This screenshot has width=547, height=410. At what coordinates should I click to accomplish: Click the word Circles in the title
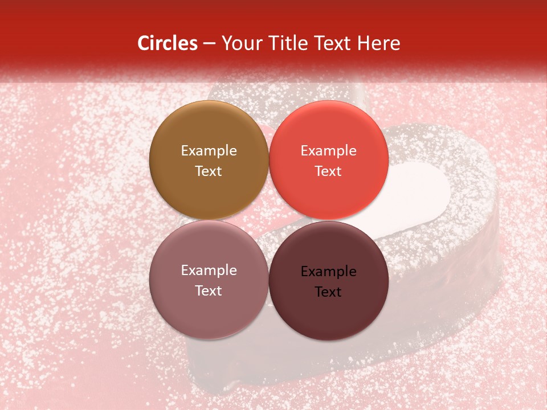(x=168, y=43)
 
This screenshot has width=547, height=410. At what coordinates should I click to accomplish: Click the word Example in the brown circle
(x=209, y=151)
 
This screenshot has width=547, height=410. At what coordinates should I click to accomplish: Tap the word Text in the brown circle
(x=209, y=171)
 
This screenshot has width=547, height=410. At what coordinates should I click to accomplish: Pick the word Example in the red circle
(x=328, y=151)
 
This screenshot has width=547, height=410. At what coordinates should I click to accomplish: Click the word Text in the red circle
(x=328, y=171)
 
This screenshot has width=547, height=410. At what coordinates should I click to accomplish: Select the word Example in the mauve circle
(x=209, y=270)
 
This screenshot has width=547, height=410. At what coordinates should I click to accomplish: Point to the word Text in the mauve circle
(x=209, y=290)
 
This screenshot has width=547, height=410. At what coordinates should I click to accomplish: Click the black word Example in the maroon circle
(x=328, y=272)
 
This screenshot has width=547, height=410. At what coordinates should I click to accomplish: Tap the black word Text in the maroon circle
(x=328, y=292)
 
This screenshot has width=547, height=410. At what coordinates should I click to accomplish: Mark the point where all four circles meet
(x=268, y=220)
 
